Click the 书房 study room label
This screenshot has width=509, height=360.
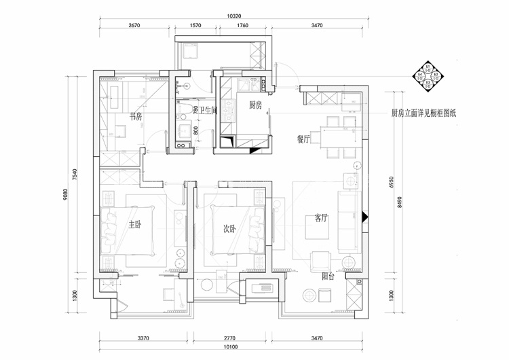point(136,117)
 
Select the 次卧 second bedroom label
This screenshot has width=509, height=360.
point(231,229)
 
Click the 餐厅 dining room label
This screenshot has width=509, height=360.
point(303,139)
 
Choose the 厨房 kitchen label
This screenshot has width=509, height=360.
point(255,105)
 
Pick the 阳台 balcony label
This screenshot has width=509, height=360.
point(328,276)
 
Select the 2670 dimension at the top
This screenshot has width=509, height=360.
point(134,26)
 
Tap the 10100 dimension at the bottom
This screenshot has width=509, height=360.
point(235,347)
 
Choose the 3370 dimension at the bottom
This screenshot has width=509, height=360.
point(143,338)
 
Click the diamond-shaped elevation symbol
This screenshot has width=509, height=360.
point(429,73)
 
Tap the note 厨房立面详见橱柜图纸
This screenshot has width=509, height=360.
point(424,113)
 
